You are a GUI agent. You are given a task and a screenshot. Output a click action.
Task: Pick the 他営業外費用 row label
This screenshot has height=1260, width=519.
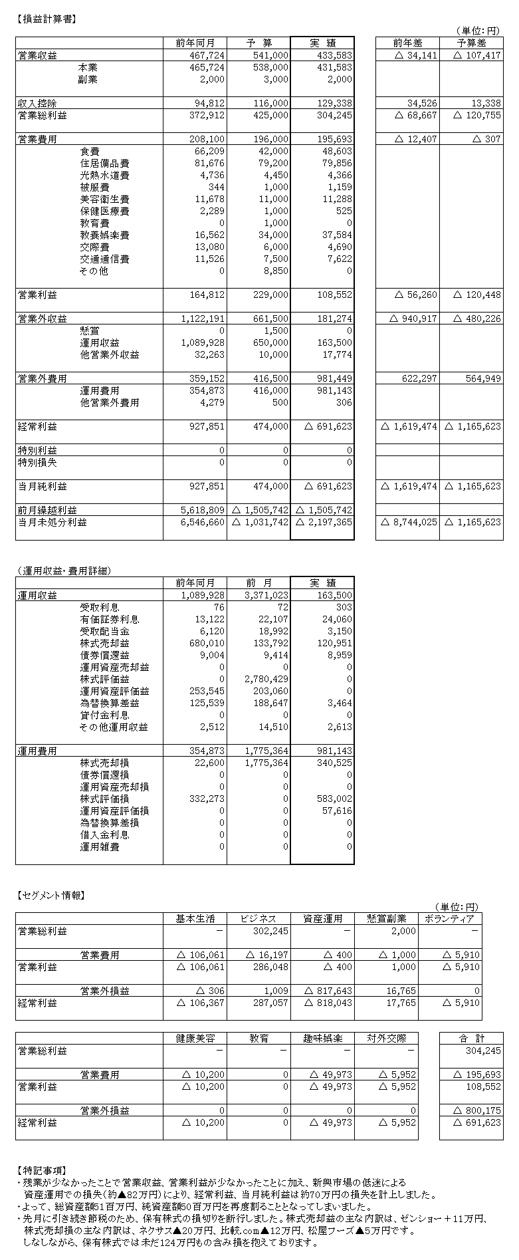click(110, 403)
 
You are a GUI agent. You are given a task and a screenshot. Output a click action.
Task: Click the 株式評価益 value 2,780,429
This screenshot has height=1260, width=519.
click(266, 679)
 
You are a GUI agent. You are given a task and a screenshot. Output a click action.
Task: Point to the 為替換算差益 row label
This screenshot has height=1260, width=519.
click(110, 703)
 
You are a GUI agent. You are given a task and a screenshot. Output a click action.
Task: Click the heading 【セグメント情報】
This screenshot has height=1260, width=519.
click(50, 895)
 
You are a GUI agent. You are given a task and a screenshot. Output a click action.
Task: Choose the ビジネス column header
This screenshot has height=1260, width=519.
click(259, 919)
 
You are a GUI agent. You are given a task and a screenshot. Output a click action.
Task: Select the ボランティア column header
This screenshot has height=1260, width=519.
click(450, 919)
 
